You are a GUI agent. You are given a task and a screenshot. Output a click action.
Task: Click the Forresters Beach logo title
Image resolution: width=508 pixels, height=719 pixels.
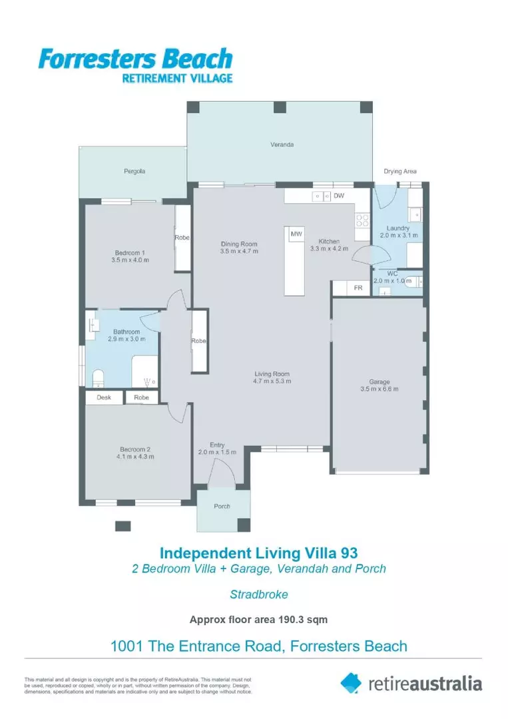[135, 59]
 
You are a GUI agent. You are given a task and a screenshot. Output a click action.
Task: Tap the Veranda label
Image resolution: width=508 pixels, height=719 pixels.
[282, 144]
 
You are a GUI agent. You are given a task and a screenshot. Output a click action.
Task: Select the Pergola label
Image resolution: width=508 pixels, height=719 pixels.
[134, 171]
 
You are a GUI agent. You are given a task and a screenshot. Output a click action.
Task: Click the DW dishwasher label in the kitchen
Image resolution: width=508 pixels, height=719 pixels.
[339, 196]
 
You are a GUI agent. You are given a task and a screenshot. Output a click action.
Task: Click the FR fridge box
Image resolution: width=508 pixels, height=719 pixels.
[358, 288]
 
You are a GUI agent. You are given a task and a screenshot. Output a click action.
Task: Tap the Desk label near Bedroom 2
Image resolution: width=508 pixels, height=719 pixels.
[104, 397]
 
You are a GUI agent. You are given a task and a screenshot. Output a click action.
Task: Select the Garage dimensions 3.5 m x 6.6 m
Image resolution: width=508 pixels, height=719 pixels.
[380, 389]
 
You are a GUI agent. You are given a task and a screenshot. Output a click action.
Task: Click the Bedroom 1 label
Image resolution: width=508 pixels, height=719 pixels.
[130, 252]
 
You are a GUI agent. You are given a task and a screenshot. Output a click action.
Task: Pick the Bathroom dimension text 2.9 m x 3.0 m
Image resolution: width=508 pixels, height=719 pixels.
[126, 340]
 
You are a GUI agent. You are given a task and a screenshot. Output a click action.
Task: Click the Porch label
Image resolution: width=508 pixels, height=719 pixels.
[222, 506]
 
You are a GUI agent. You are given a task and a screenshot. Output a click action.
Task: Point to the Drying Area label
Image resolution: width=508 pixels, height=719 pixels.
[397, 172]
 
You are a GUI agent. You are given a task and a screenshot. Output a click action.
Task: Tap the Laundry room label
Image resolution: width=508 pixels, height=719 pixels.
[397, 228]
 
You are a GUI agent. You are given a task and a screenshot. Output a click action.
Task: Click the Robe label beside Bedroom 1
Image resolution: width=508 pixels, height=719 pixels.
[182, 238]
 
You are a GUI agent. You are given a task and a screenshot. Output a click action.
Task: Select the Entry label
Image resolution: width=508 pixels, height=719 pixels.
[217, 445]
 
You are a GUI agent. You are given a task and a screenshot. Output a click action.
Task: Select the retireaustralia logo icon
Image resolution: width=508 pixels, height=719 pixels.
[351, 682]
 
